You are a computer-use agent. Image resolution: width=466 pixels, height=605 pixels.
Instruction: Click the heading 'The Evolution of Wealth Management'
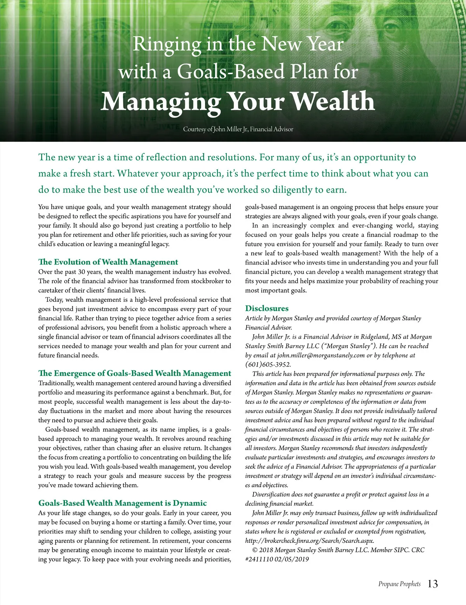[x=108, y=262]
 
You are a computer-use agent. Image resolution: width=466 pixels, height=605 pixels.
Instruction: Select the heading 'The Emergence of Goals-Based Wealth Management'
[x=134, y=374]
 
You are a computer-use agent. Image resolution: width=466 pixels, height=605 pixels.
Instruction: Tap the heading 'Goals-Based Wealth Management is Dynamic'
[x=122, y=503]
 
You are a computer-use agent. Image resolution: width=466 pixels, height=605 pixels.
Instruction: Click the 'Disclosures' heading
[x=267, y=308]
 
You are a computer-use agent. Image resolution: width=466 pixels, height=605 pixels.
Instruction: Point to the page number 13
[x=433, y=584]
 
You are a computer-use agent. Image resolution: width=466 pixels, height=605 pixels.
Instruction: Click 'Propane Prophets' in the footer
[x=399, y=584]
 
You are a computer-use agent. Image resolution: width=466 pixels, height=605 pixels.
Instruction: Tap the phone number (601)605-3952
[x=268, y=365]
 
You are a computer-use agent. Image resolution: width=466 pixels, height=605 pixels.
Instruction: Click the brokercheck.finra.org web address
[x=310, y=541]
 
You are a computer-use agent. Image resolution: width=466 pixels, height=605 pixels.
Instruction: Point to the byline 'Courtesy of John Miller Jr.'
[x=238, y=129]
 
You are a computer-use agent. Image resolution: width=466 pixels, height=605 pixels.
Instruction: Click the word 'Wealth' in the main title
[x=333, y=102]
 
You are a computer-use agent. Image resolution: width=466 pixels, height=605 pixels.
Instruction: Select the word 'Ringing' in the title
[x=167, y=44]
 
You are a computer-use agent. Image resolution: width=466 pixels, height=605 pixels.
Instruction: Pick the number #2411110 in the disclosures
[x=259, y=560]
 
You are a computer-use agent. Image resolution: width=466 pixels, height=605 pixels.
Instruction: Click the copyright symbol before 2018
[x=255, y=550]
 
